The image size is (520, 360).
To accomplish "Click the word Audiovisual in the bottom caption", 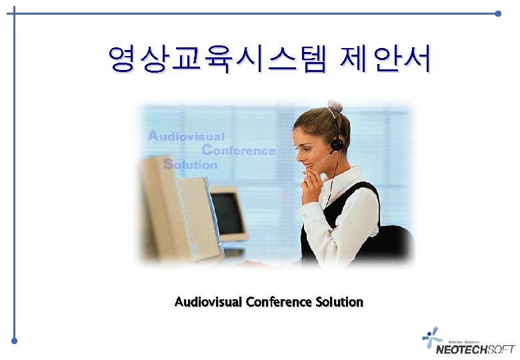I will click(209, 302).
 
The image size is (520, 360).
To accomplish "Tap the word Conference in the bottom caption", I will click(278, 302).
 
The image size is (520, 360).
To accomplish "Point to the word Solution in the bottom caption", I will click(339, 302).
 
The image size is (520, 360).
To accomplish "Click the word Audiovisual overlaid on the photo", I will click(186, 136).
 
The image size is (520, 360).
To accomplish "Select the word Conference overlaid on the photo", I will click(238, 151).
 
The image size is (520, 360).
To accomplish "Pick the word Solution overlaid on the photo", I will click(191, 164).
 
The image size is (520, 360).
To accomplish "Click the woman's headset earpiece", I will click(337, 143).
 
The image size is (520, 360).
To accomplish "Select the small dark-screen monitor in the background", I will click(227, 213).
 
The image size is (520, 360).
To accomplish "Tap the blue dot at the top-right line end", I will click(499, 13).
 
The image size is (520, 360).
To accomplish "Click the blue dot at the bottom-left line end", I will click(14, 341).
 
